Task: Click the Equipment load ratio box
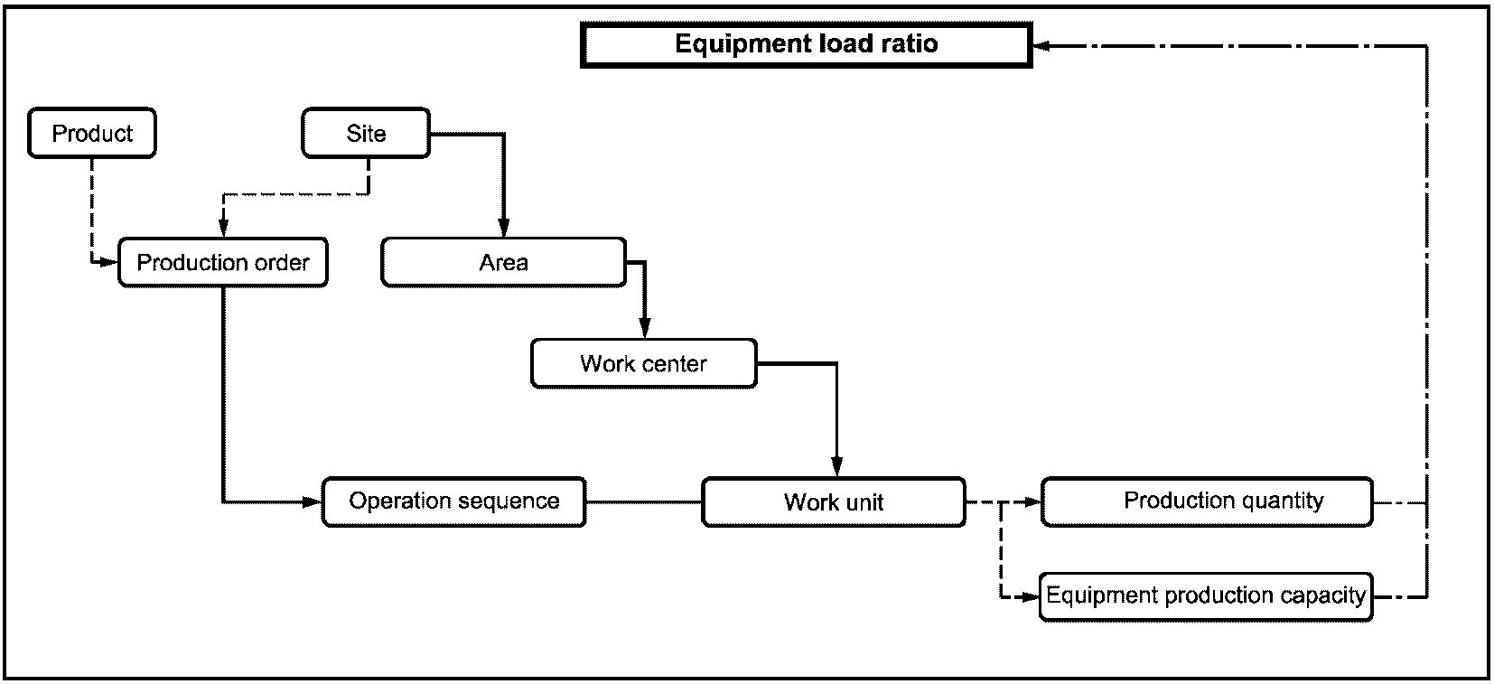click(x=807, y=44)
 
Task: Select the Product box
click(x=92, y=133)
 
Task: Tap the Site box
click(x=366, y=133)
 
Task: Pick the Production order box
click(x=223, y=262)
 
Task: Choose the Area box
click(x=503, y=262)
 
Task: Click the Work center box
click(x=644, y=364)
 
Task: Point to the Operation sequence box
click(x=454, y=501)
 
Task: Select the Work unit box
click(x=834, y=501)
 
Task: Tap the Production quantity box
click(x=1207, y=501)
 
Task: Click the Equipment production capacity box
click(x=1207, y=596)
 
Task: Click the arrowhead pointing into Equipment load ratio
click(x=1041, y=45)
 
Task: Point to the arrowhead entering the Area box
click(x=503, y=229)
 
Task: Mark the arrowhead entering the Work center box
click(x=644, y=330)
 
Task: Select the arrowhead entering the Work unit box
click(x=837, y=468)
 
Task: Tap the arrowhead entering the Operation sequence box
click(x=313, y=501)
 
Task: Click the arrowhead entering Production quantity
click(x=1032, y=501)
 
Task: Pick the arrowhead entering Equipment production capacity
click(x=1031, y=596)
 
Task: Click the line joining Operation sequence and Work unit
click(x=644, y=501)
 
